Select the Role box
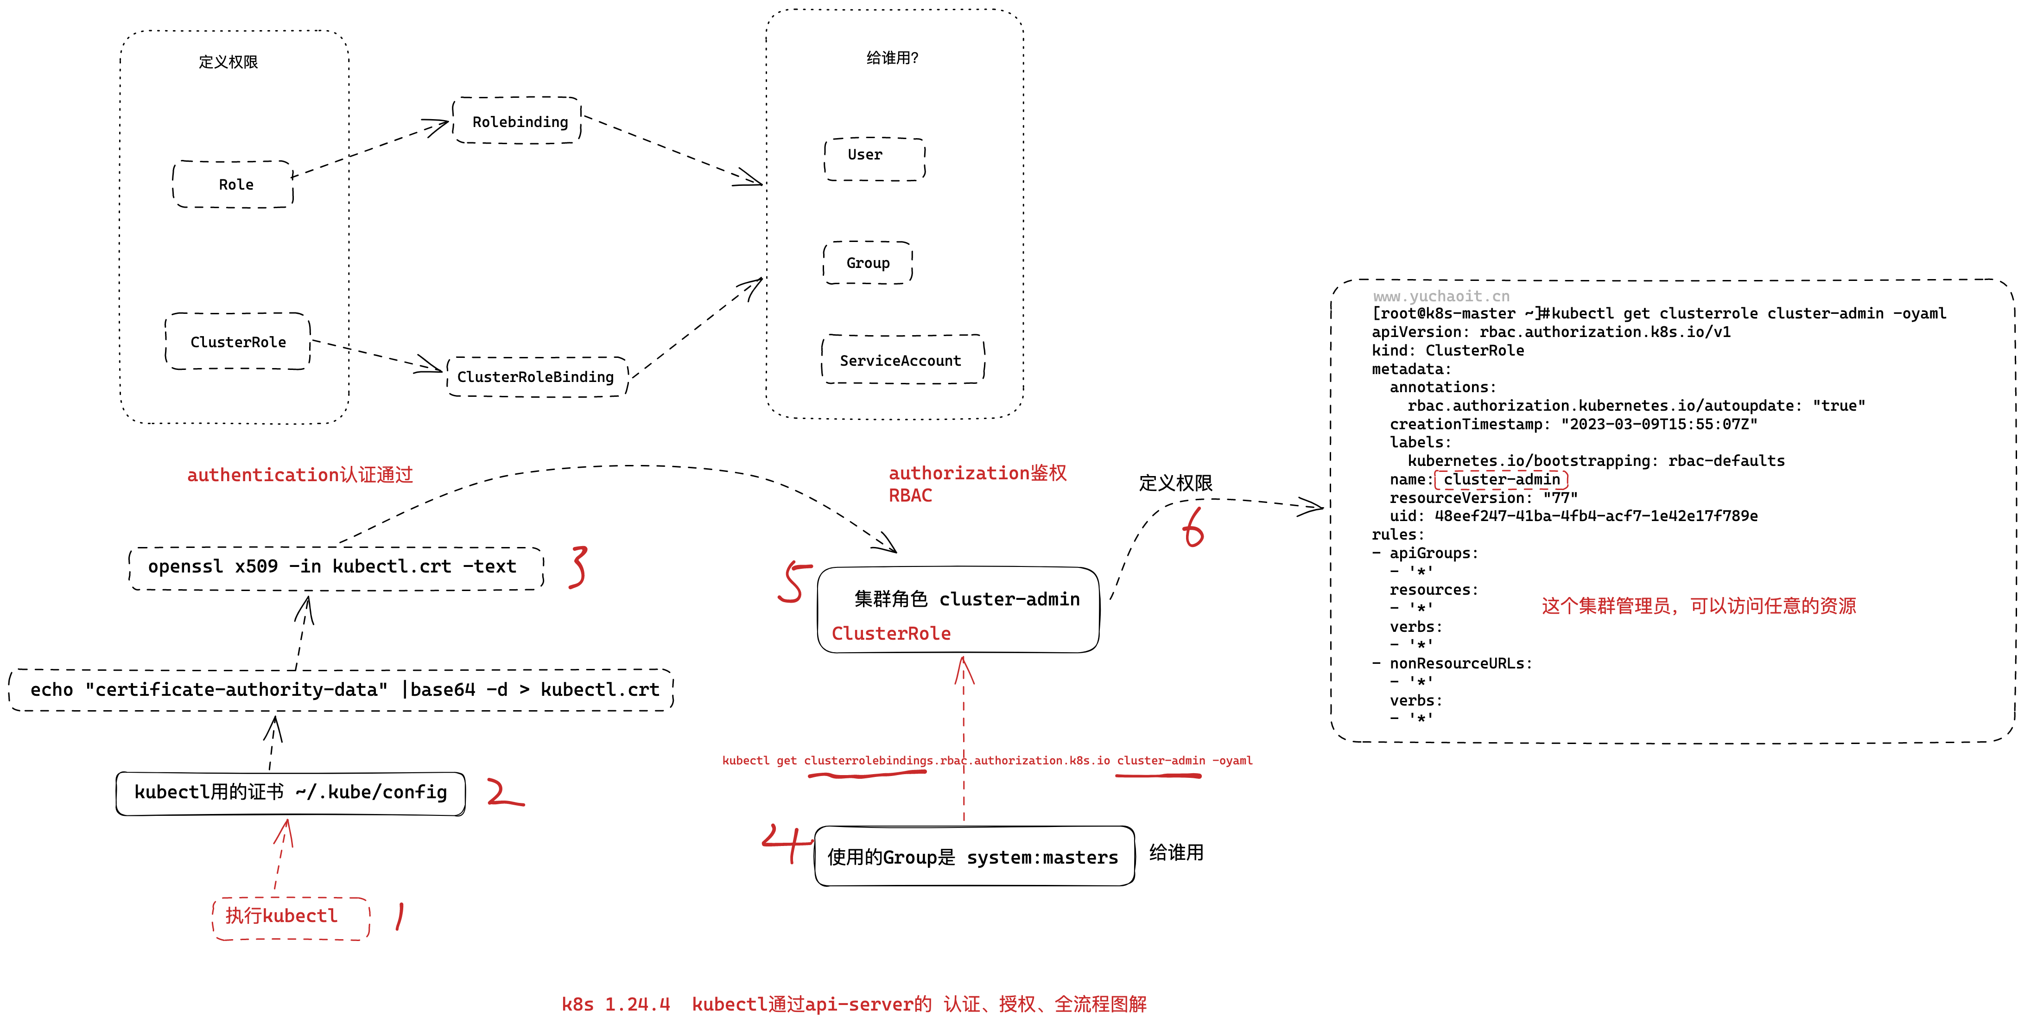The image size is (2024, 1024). (234, 184)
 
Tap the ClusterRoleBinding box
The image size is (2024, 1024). (536, 376)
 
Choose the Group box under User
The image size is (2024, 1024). (868, 262)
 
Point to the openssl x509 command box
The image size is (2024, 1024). (334, 566)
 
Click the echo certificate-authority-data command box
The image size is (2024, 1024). (342, 689)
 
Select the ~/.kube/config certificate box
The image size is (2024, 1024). (291, 792)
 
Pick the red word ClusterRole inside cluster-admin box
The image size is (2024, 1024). (891, 633)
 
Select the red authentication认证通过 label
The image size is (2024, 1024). (299, 475)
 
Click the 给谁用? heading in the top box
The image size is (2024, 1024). (892, 58)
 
